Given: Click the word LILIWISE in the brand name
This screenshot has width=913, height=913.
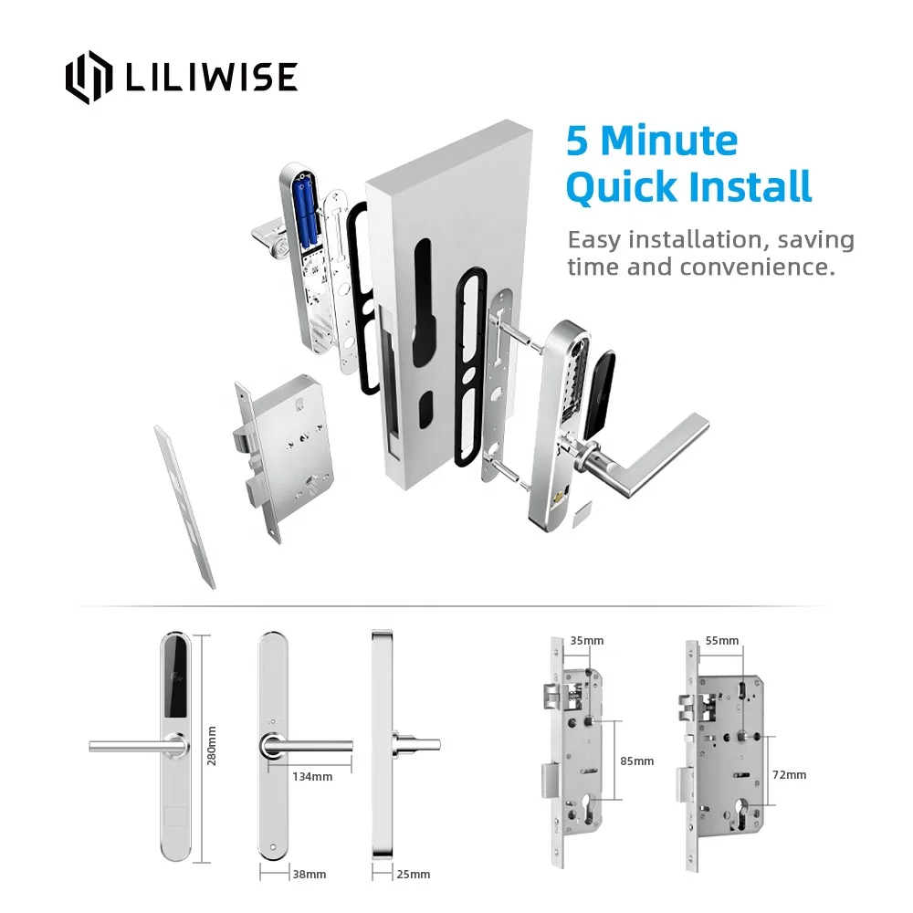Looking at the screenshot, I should pos(211,78).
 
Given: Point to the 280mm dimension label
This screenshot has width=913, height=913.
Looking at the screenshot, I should pos(212,746).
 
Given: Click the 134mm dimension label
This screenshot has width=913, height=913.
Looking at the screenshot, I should pos(313,776).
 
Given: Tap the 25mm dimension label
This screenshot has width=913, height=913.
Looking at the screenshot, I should pos(413,874).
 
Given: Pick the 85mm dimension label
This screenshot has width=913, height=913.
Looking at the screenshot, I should pos(636,761).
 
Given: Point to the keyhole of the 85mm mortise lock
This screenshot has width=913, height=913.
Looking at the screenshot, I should pos(583,810).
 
